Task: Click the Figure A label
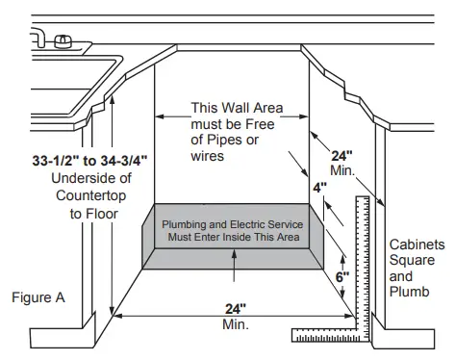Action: pos(38,297)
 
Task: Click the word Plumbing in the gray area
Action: pos(185,223)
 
